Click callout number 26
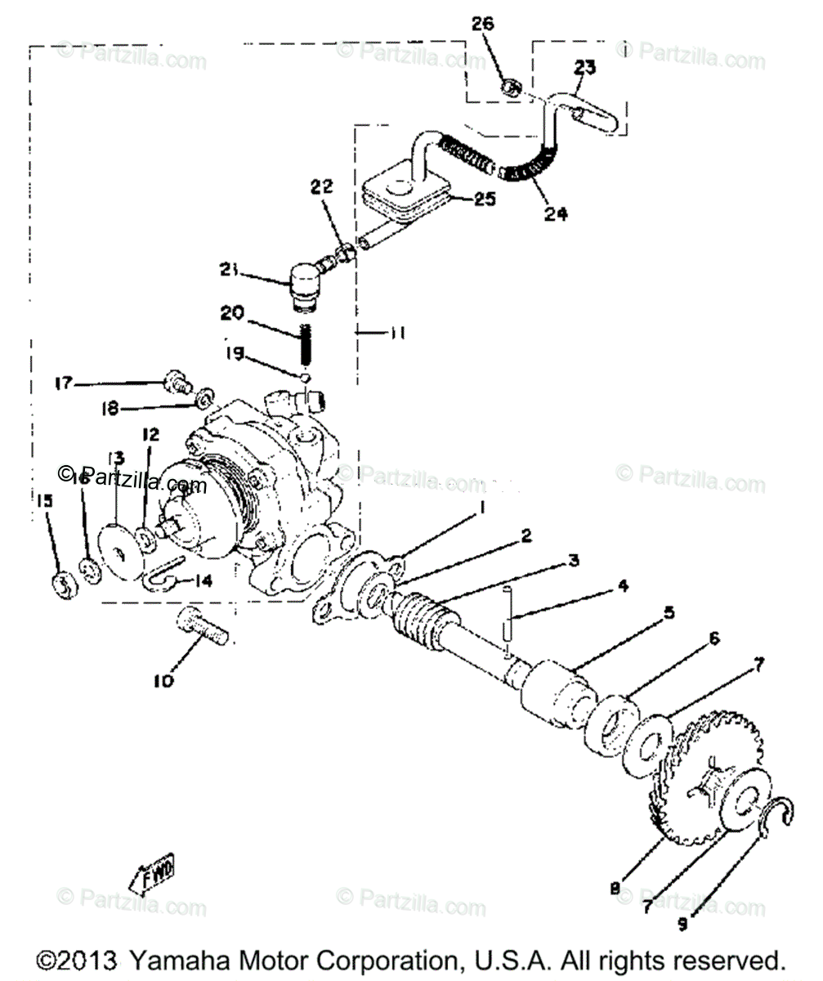[483, 25]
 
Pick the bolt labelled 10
[202, 628]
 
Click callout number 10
[164, 680]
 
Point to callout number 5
[669, 611]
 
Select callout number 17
[64, 383]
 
